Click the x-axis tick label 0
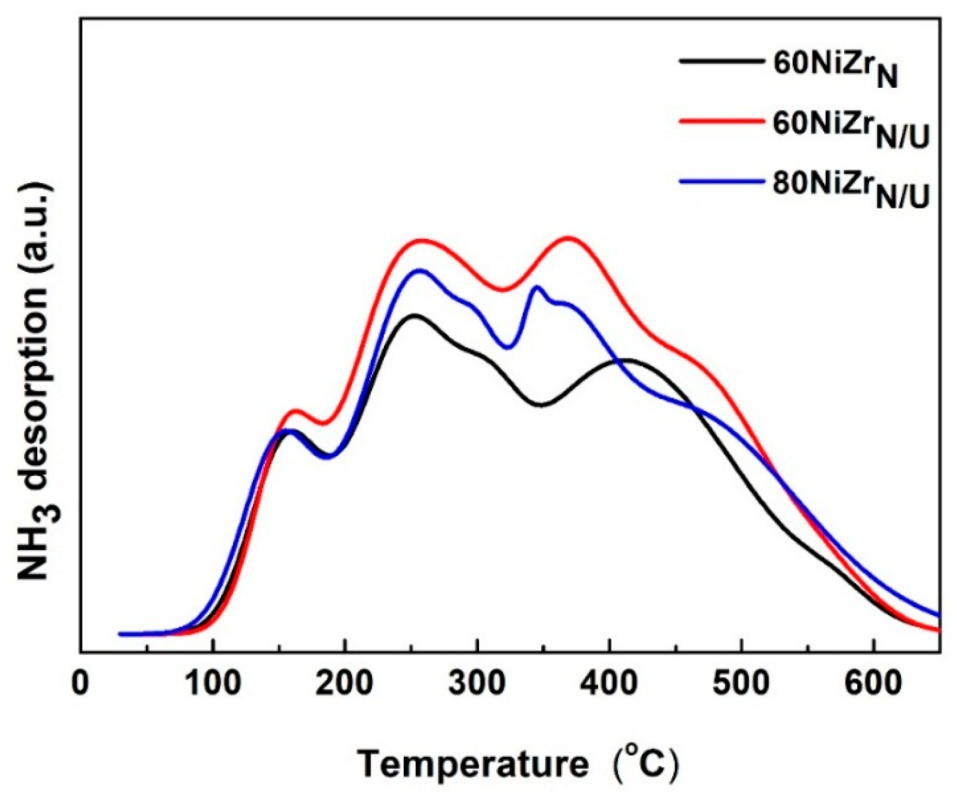(80, 684)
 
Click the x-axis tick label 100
(213, 684)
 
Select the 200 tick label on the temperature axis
(345, 684)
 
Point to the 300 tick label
(477, 684)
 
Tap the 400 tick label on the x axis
(610, 684)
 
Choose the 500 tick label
(741, 684)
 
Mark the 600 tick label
(874, 684)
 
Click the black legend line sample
(719, 61)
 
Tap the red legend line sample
(719, 122)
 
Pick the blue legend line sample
(719, 182)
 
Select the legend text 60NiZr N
(834, 68)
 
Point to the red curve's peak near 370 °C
(568, 238)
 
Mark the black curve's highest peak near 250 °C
(414, 315)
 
